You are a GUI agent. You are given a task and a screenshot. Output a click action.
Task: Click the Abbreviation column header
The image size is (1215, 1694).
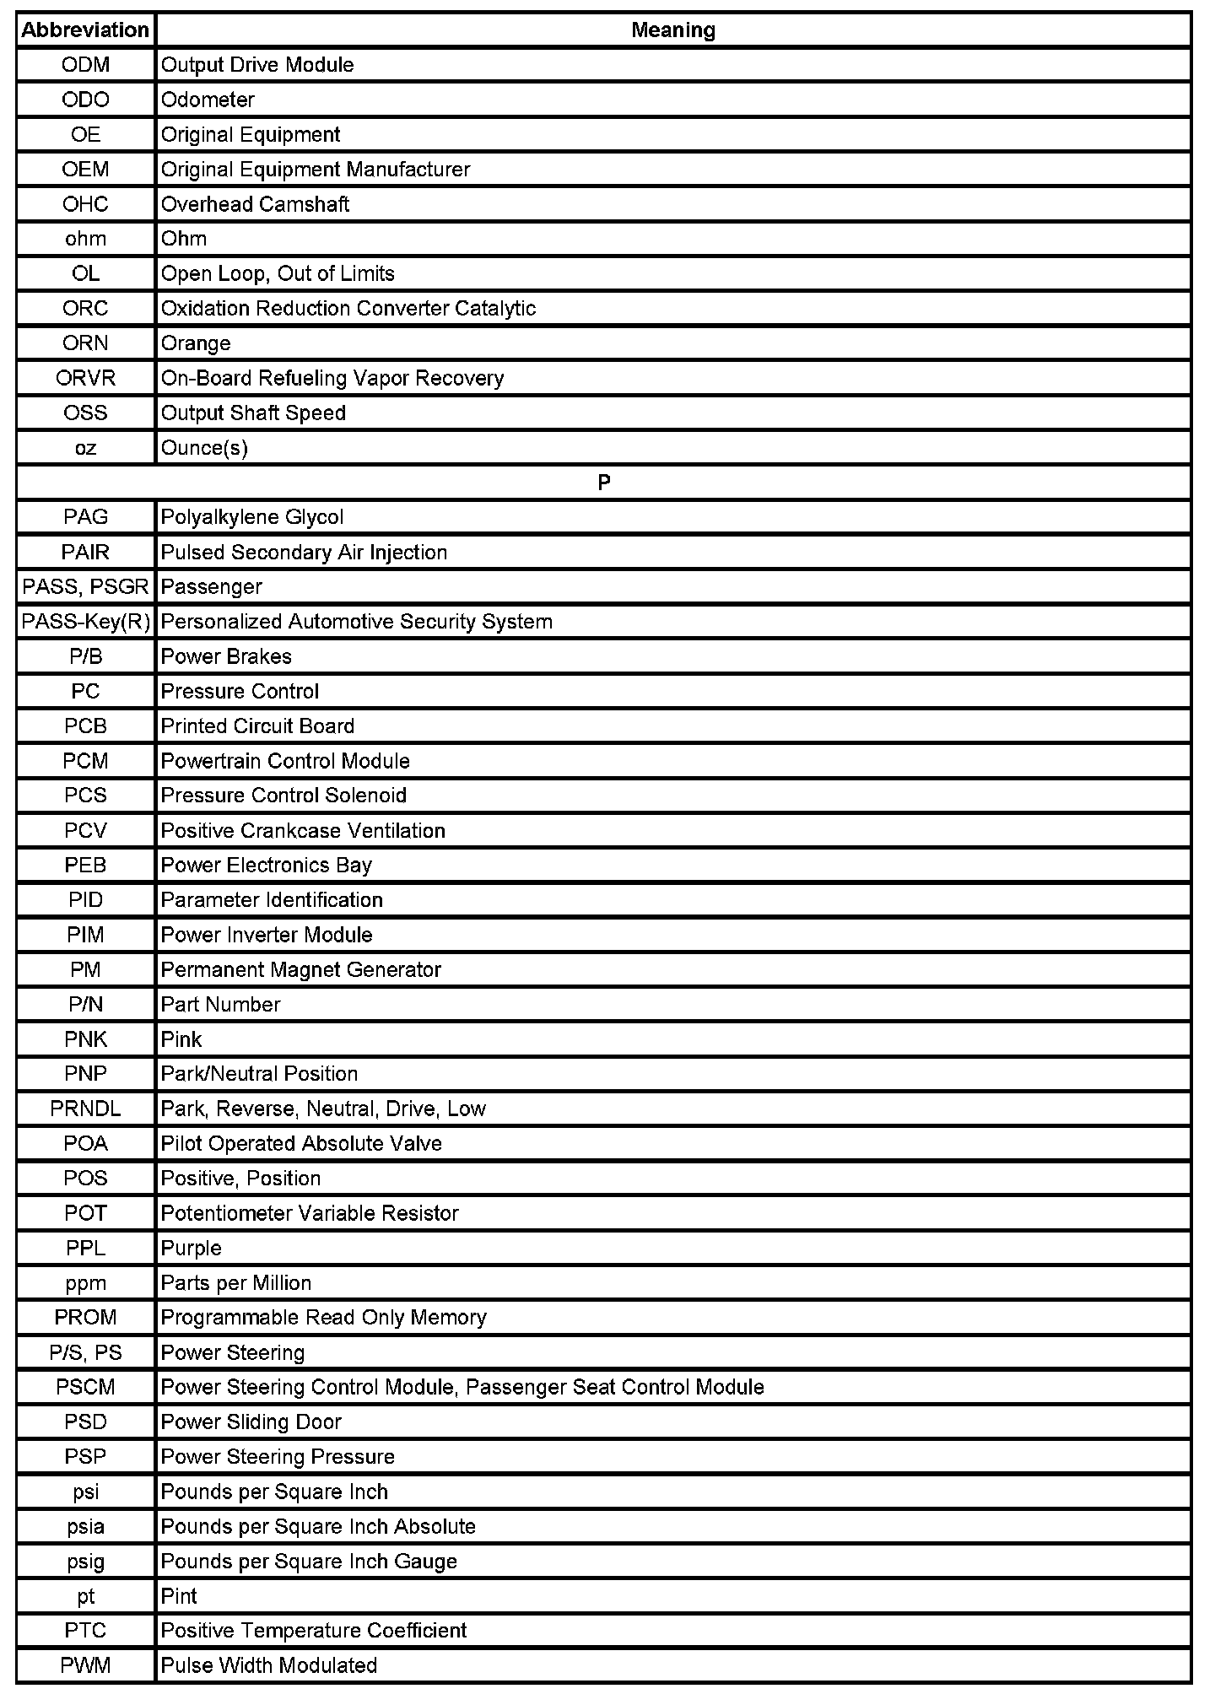[x=85, y=30]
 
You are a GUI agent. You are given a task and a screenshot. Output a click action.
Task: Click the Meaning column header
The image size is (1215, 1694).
[x=673, y=30]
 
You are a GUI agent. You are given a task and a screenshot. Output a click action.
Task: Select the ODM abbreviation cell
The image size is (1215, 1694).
[x=85, y=65]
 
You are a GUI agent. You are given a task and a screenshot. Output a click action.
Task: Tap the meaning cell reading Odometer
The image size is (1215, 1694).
[x=208, y=100]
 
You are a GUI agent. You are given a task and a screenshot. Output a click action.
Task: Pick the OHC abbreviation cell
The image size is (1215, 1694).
[x=85, y=204]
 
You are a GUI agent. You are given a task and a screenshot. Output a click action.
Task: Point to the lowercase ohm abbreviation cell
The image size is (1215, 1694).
[x=85, y=239]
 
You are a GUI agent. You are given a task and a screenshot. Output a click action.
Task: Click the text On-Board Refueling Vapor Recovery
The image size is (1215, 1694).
[x=332, y=378]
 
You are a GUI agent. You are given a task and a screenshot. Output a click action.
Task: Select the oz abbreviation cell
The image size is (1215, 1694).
[x=85, y=448]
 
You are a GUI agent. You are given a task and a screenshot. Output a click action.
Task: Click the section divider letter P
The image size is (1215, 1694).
[x=604, y=483]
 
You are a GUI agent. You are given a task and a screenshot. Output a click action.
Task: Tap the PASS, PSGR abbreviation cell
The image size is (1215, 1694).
[x=85, y=586]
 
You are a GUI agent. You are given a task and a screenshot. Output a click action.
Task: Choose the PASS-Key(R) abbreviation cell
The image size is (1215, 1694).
[x=85, y=622]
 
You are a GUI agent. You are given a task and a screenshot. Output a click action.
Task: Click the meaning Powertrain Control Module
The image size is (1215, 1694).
[x=285, y=761]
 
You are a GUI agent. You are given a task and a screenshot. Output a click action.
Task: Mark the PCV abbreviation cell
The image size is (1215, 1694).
[x=85, y=830]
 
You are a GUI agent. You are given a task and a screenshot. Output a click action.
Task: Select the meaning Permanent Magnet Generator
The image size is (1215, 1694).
[x=300, y=969]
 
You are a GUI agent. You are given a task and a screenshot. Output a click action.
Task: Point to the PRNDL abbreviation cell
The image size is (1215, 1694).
[x=85, y=1109]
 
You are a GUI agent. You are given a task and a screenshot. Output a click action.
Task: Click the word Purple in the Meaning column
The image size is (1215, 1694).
[x=192, y=1248]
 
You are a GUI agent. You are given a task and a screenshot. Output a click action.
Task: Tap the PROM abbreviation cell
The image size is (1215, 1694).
[x=85, y=1317]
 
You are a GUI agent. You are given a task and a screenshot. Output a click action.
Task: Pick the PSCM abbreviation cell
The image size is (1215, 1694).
[x=85, y=1387]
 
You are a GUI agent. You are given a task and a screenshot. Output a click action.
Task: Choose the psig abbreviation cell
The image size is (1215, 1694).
[x=85, y=1561]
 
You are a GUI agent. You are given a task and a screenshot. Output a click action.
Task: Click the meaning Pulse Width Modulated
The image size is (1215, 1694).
[x=269, y=1665]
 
